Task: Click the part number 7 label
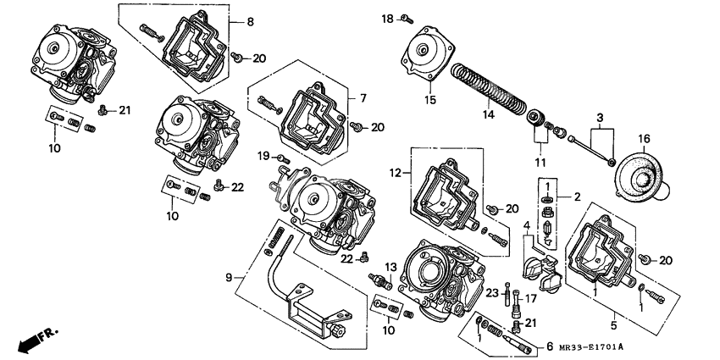pos(363,98)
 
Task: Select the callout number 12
pos(395,173)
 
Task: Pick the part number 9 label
pos(228,276)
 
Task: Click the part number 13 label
pos(390,267)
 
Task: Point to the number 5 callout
pos(613,323)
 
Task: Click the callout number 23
pos(490,292)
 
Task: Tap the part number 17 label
pos(532,297)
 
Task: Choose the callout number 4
pos(526,225)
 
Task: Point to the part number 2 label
pos(576,197)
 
